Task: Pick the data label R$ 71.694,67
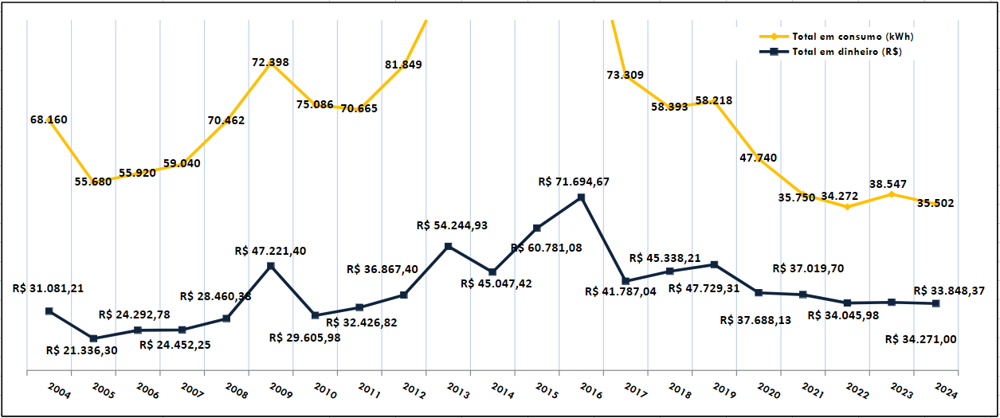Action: (574, 182)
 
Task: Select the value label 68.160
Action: (49, 119)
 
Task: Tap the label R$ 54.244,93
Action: (452, 225)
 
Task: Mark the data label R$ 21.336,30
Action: (82, 350)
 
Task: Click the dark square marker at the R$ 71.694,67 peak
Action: (581, 197)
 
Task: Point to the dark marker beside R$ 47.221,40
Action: (271, 265)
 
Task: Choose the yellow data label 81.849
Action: (403, 64)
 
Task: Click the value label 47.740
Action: (758, 158)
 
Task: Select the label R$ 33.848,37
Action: (949, 291)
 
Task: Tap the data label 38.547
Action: (887, 183)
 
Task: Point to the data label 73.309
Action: (625, 75)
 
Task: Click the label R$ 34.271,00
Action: (921, 339)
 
